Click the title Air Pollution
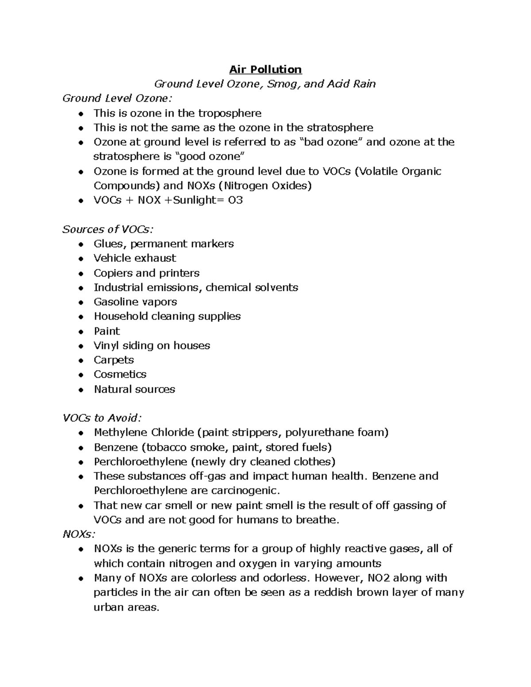(x=265, y=69)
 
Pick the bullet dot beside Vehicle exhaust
(x=81, y=259)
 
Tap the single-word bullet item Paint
(x=107, y=331)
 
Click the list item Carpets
(x=114, y=360)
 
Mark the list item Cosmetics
(x=120, y=374)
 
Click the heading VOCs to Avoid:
(x=102, y=418)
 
